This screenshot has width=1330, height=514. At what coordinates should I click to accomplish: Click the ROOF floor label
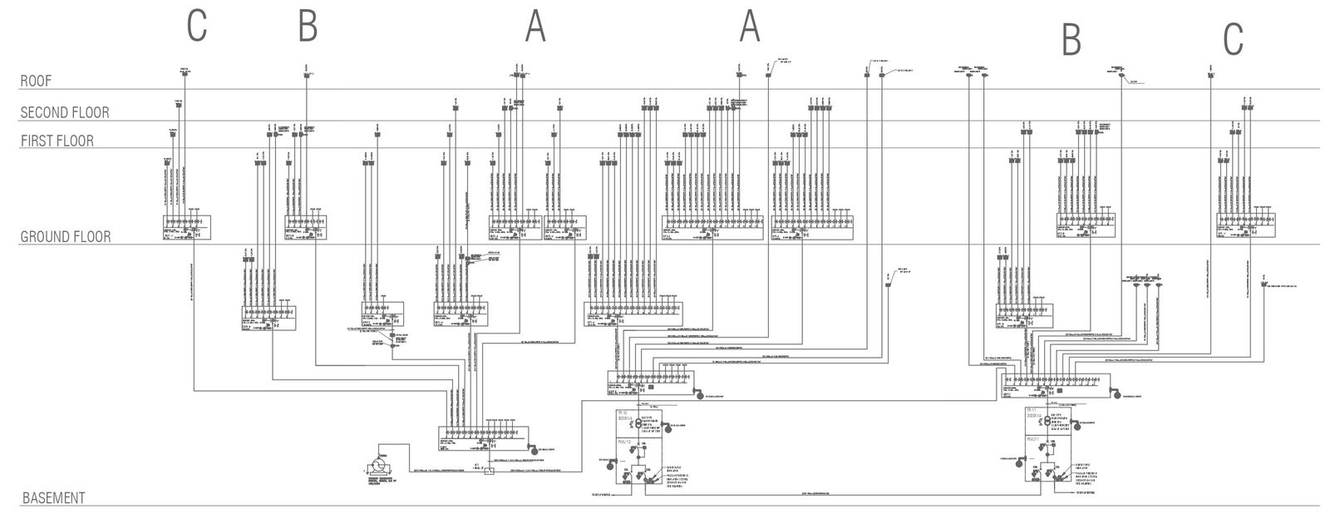36,81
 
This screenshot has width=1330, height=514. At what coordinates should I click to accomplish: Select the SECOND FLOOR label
65,112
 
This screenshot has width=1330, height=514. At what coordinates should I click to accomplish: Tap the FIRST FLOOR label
57,141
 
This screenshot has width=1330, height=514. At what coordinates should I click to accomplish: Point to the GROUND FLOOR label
66,237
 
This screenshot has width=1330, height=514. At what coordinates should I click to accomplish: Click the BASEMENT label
53,498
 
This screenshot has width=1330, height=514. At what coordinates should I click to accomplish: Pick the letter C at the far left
196,25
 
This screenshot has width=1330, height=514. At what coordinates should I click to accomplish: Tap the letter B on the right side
1071,38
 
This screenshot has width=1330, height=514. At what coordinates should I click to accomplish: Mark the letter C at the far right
1233,38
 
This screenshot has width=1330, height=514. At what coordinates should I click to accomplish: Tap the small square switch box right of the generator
490,472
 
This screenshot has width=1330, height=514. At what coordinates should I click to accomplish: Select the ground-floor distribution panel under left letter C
187,227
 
